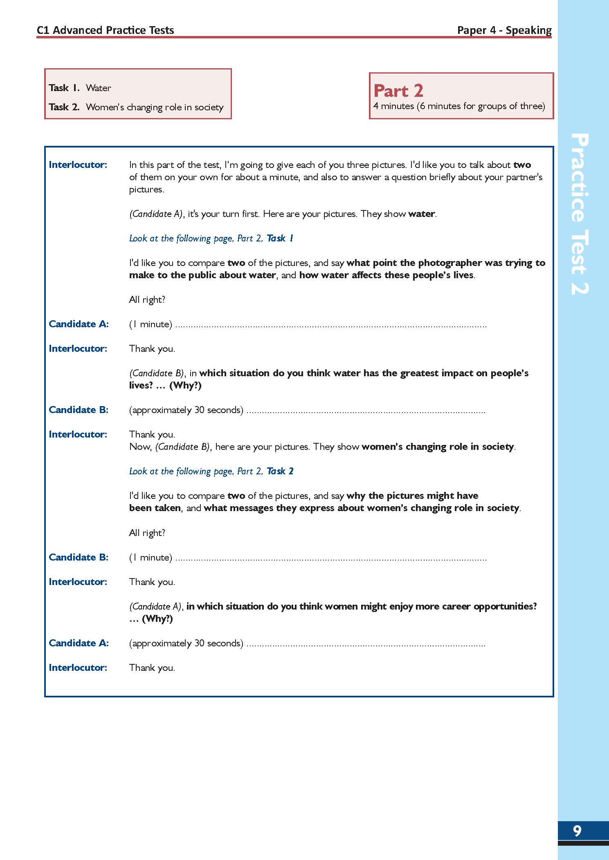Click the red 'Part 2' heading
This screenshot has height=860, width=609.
click(398, 90)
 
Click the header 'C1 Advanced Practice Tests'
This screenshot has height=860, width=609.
click(105, 30)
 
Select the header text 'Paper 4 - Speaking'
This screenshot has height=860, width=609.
click(504, 30)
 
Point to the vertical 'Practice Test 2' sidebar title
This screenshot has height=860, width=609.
click(579, 213)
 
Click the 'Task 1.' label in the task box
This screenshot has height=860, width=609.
click(64, 88)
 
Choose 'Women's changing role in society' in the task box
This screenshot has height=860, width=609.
click(155, 107)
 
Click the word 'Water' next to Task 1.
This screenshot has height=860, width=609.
click(99, 88)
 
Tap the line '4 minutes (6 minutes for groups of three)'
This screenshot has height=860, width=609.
click(459, 106)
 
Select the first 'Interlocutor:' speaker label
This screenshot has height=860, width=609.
click(78, 165)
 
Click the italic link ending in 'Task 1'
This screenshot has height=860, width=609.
click(211, 238)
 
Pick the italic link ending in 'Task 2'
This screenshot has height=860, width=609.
click(211, 471)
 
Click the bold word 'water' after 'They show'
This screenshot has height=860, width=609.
click(421, 214)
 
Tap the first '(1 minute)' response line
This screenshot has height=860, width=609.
click(151, 324)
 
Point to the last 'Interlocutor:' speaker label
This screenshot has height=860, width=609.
click(78, 668)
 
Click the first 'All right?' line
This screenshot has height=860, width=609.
click(147, 299)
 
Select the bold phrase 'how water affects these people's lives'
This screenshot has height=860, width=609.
click(387, 275)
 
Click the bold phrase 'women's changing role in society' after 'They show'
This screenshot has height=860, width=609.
click(437, 447)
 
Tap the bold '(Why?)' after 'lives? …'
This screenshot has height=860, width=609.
click(185, 385)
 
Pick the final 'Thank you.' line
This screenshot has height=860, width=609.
click(152, 668)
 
